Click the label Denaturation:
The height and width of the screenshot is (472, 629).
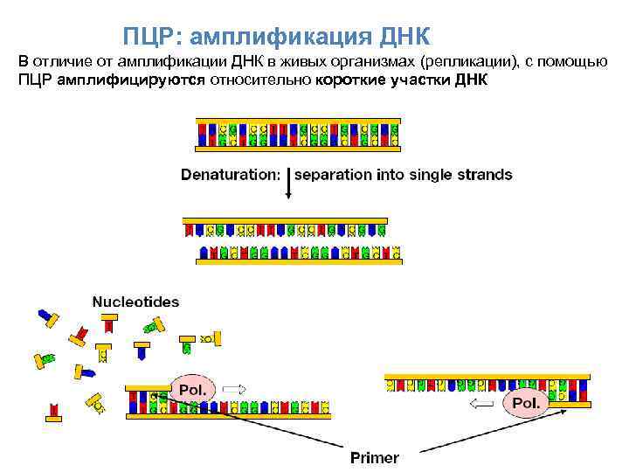click(231, 174)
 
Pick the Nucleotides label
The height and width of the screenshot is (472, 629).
click(135, 302)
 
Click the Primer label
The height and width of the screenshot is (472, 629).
click(374, 457)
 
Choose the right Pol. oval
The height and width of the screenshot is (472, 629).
click(527, 403)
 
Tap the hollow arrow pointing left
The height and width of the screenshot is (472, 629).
click(484, 403)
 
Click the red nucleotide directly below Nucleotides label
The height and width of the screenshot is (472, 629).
click(108, 324)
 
